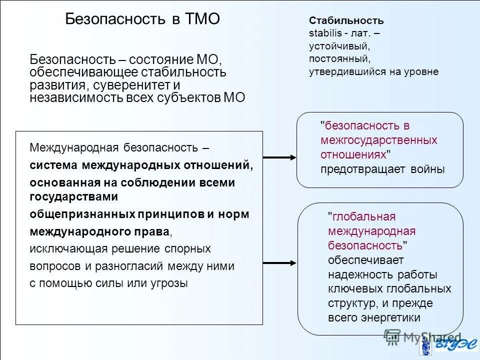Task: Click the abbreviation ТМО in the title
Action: (203, 19)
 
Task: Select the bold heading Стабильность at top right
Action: (346, 21)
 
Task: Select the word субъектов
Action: (193, 97)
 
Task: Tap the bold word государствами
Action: (74, 196)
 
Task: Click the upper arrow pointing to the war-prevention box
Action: (279, 157)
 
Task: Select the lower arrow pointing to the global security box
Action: (279, 262)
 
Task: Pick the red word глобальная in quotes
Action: (363, 216)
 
